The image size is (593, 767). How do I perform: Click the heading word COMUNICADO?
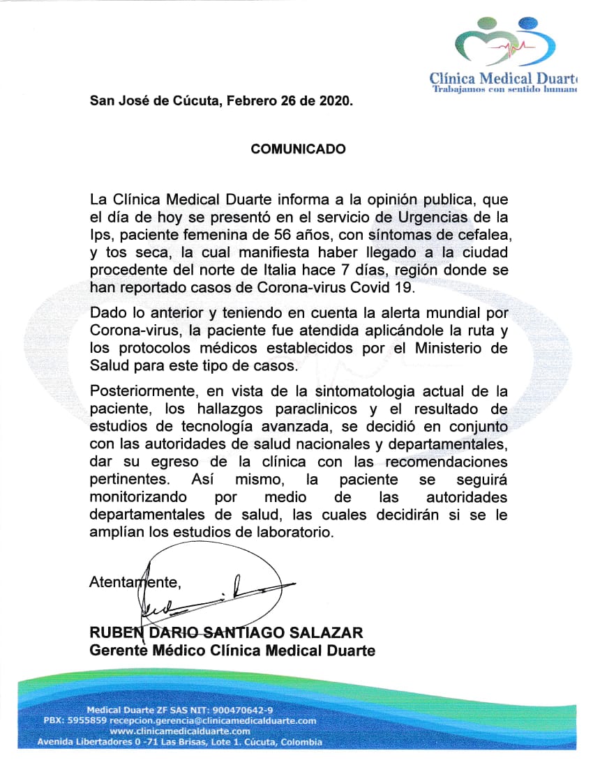click(298, 149)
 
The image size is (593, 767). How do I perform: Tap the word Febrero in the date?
click(252, 100)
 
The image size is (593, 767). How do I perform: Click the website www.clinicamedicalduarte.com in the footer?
click(181, 731)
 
